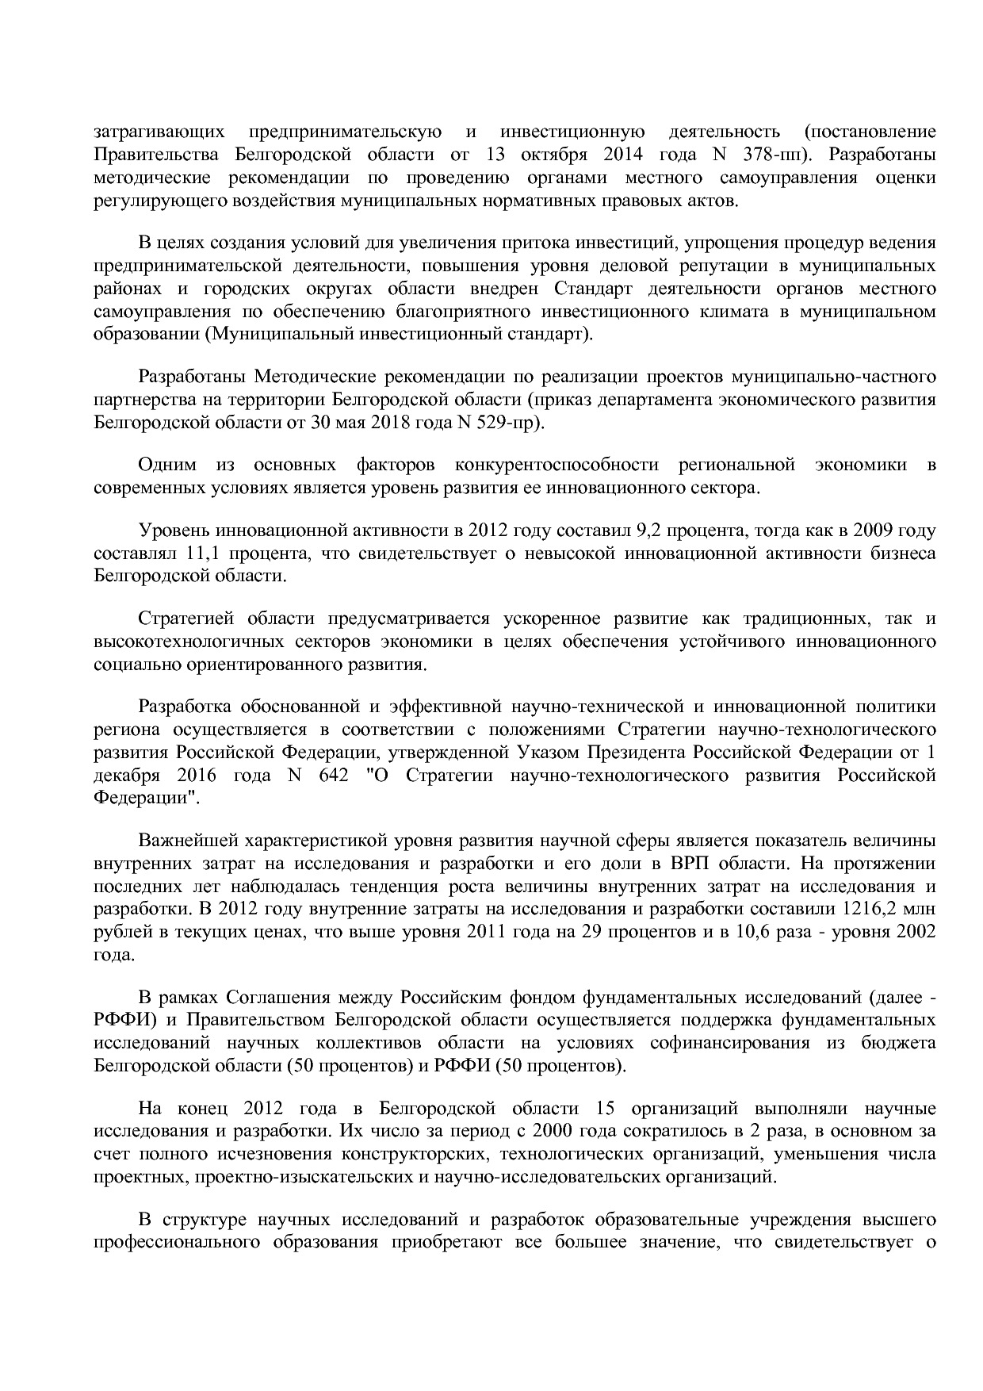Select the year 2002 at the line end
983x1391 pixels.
(915, 931)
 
